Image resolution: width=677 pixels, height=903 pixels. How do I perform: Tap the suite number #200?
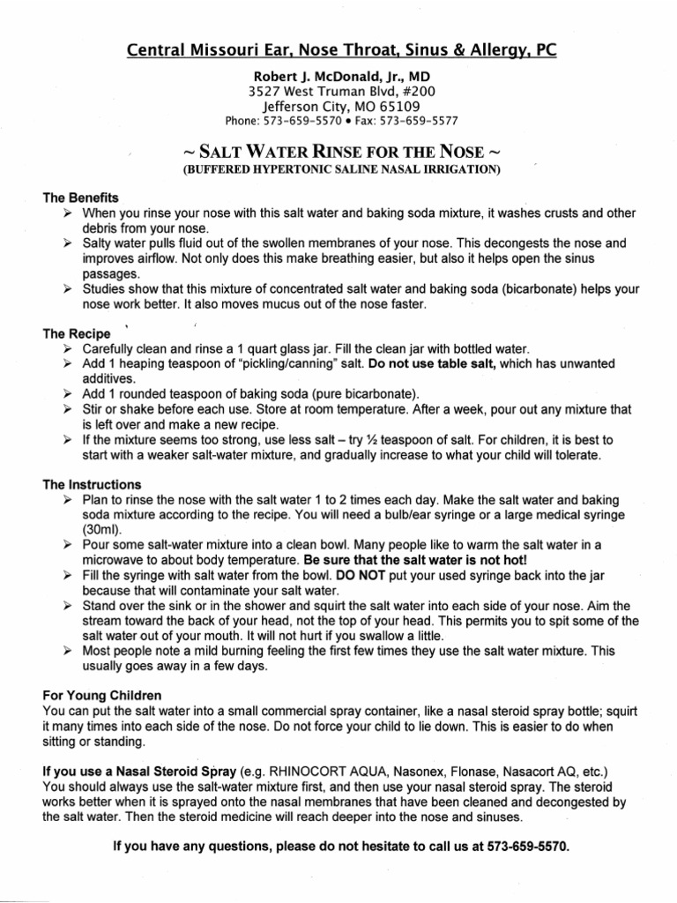click(413, 90)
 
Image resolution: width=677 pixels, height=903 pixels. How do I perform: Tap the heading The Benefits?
click(80, 198)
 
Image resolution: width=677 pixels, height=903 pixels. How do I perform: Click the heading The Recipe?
click(77, 334)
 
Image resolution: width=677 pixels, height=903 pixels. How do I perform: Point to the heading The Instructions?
click(92, 485)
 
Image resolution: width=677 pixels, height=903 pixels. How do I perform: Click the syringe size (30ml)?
click(105, 530)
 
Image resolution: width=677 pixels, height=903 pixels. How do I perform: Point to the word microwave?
click(115, 560)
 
